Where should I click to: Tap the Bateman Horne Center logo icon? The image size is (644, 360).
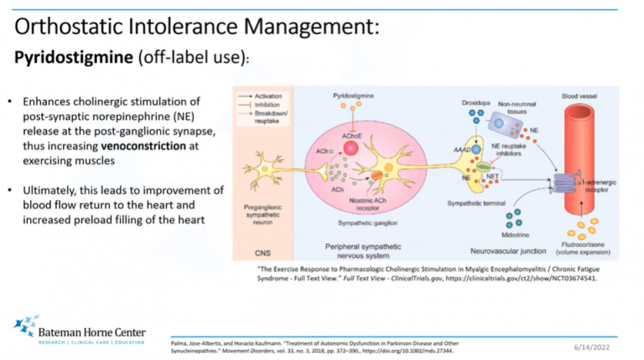point(24,326)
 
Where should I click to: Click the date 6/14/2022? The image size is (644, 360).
point(593,345)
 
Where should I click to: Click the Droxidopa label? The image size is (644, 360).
point(475,103)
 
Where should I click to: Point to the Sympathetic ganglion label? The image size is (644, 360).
point(366,223)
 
